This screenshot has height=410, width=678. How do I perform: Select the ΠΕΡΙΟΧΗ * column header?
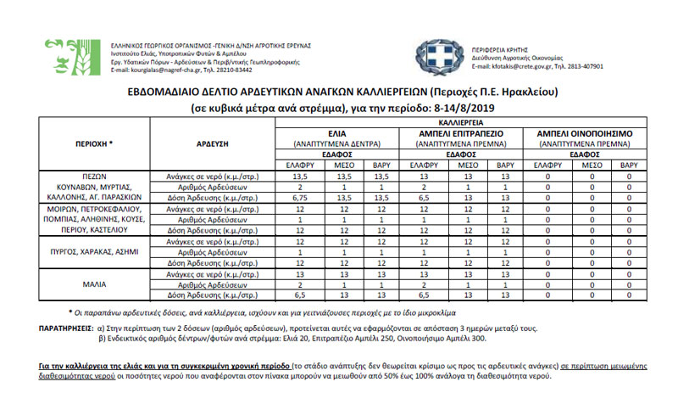(x=93, y=144)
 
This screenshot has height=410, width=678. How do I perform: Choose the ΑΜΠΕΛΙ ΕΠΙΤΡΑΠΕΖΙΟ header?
(x=463, y=133)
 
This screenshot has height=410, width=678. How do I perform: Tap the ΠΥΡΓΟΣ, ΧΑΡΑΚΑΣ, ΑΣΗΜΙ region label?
(x=93, y=252)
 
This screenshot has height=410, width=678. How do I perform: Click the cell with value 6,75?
(x=298, y=197)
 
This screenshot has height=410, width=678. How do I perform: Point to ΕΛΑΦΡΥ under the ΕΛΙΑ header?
(x=299, y=165)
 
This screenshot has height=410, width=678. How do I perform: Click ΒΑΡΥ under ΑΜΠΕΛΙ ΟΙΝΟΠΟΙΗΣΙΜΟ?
(x=629, y=165)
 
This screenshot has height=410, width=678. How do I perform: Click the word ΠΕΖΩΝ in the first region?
(x=93, y=176)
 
